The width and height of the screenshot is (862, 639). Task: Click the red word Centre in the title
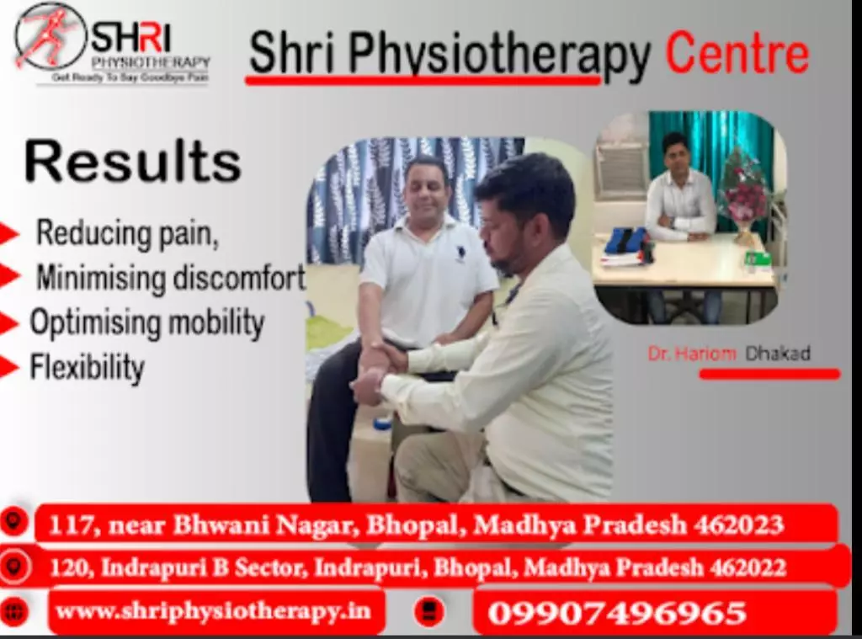pos(737,53)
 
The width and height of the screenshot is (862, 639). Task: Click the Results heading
pos(132,161)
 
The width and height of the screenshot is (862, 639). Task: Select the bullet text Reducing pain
pos(127,233)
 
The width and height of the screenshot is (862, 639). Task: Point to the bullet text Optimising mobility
pos(147,322)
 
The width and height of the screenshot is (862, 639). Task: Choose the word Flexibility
pos(87,367)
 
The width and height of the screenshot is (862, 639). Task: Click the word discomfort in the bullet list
pos(239,277)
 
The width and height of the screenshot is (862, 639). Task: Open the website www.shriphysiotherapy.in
pos(213,611)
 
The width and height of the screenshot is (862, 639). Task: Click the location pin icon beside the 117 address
pos(13,521)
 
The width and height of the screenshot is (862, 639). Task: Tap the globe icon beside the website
pos(13,611)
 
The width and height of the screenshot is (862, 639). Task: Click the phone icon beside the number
pos(428,611)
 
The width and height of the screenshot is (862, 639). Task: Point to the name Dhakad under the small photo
pos(778,353)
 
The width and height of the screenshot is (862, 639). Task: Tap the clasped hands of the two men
pos(380,367)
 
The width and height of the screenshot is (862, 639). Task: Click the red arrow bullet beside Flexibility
pos(9,367)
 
